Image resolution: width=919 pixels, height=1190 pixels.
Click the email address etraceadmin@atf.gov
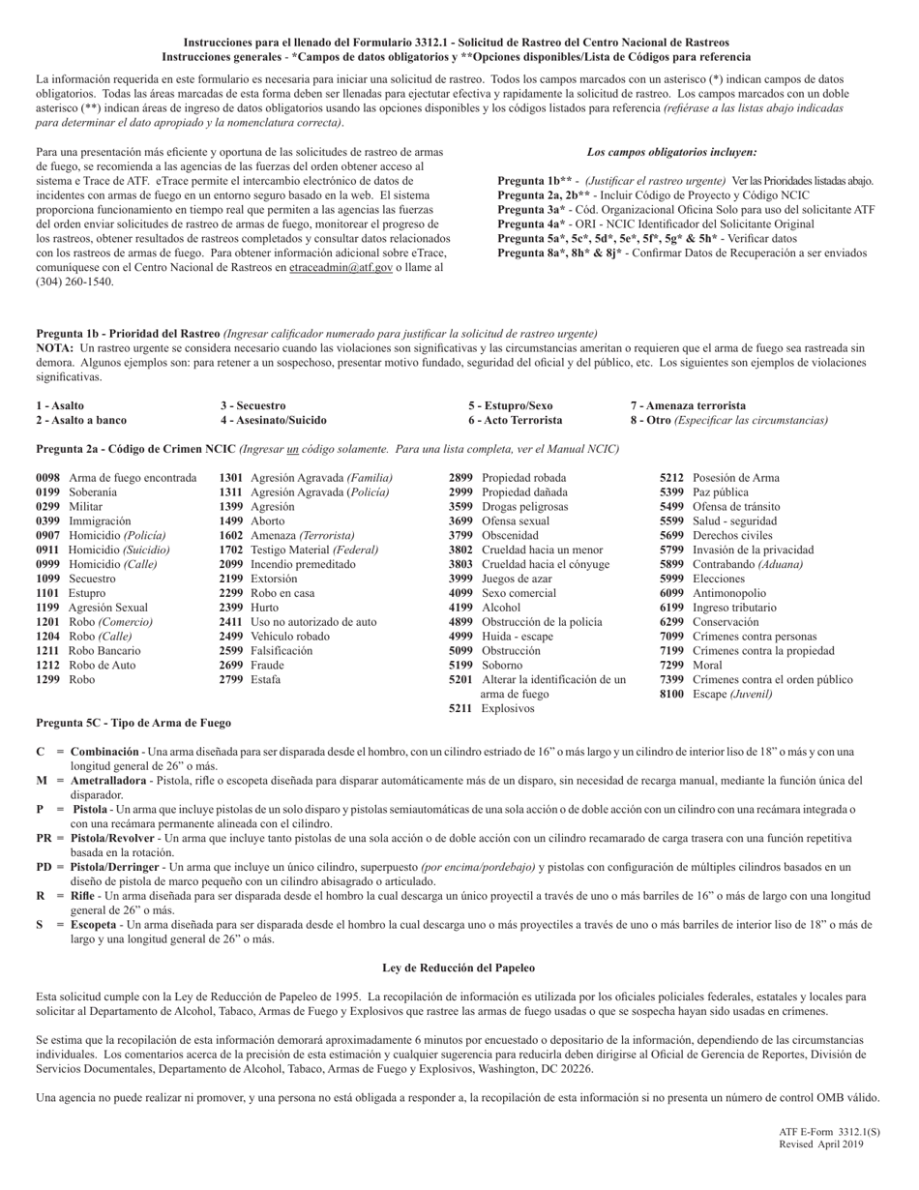click(341, 268)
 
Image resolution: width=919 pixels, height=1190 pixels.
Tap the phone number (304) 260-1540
click(74, 283)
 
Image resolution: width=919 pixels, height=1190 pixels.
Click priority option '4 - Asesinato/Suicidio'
click(273, 420)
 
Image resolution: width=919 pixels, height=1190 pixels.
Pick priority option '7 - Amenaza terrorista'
click(688, 405)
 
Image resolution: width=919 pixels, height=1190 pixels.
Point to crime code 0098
click(48, 478)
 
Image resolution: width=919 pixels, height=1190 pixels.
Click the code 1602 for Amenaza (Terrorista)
click(231, 535)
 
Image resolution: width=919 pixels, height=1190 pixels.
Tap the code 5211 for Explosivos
click(460, 708)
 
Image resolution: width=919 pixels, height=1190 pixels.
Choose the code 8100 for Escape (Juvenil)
click(671, 694)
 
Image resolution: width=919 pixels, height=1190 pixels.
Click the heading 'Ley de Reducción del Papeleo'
click(459, 967)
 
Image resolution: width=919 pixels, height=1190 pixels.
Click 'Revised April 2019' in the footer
click(821, 1145)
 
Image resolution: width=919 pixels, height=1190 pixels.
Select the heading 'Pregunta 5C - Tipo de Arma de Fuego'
click(133, 723)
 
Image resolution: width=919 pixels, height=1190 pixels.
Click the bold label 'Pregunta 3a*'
click(531, 210)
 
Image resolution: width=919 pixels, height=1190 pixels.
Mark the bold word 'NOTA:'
click(55, 347)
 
